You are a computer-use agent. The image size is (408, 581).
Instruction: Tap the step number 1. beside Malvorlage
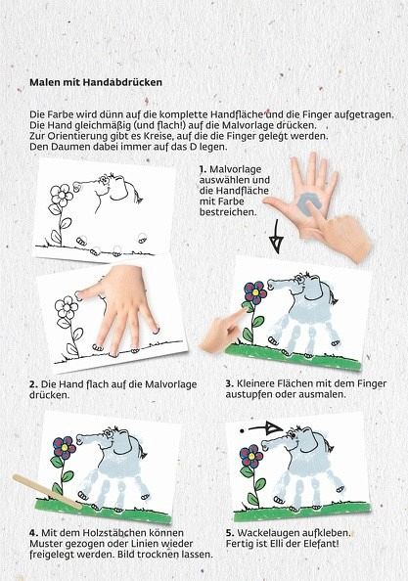[x=204, y=169]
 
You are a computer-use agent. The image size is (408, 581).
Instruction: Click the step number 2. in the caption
[x=33, y=384]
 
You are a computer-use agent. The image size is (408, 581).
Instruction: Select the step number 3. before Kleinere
[x=229, y=383]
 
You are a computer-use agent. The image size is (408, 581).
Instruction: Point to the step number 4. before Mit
[x=33, y=533]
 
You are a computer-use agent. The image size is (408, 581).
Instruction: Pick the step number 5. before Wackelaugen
[x=230, y=533]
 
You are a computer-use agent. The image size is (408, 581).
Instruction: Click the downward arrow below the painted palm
[x=277, y=237]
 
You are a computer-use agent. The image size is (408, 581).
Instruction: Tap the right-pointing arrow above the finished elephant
[x=262, y=428]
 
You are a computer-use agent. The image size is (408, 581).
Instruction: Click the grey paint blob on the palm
[x=308, y=204]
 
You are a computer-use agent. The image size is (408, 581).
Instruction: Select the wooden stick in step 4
[x=47, y=491]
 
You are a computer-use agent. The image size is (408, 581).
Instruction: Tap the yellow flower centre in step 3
[x=255, y=292]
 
